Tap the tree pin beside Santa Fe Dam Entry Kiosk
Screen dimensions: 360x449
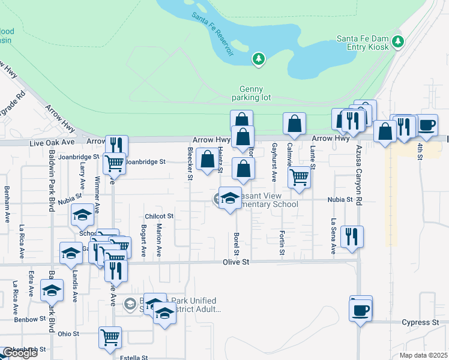click(x=397, y=41)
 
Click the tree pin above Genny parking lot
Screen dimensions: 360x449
click(x=259, y=59)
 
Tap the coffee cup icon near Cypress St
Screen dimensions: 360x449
click(x=361, y=310)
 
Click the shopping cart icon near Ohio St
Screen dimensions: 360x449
click(x=110, y=337)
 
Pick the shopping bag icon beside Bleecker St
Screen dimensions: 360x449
click(x=207, y=159)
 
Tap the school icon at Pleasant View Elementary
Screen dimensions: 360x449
click(x=229, y=199)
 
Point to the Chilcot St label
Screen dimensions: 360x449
click(x=158, y=216)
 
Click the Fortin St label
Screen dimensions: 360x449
click(x=282, y=241)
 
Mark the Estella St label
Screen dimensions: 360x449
click(x=134, y=358)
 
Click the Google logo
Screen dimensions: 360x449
click(x=19, y=353)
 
